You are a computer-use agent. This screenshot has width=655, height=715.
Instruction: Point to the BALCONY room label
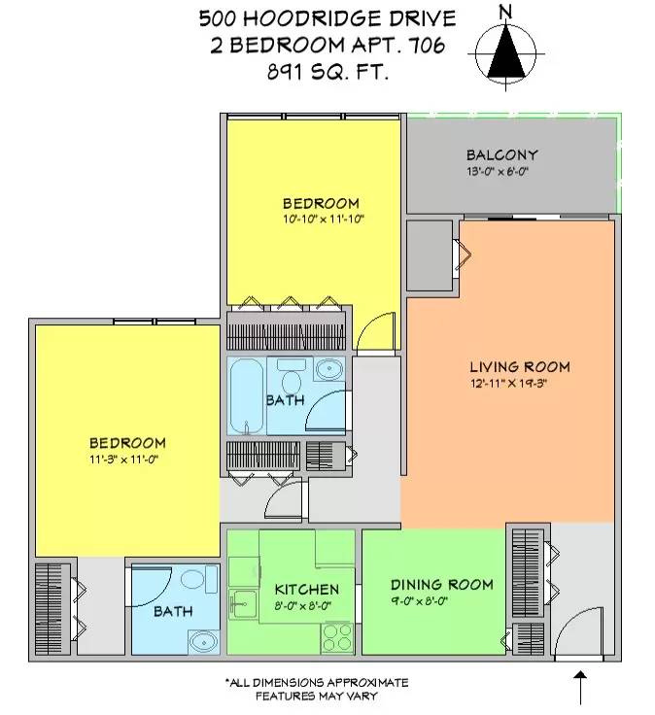pyautogui.click(x=501, y=155)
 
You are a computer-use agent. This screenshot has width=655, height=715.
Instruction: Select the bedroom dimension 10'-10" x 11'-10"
pyautogui.click(x=321, y=221)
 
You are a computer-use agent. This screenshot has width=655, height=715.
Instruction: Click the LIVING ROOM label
pyautogui.click(x=519, y=367)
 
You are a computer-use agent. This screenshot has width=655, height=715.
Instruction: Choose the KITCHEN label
pyautogui.click(x=306, y=590)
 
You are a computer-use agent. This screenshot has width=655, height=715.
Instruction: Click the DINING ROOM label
pyautogui.click(x=441, y=585)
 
